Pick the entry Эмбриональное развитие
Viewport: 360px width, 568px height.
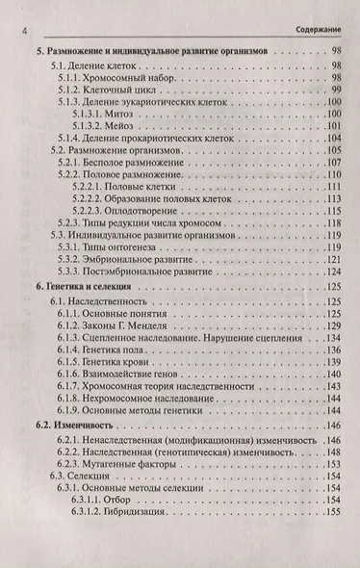coord(129,263)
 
